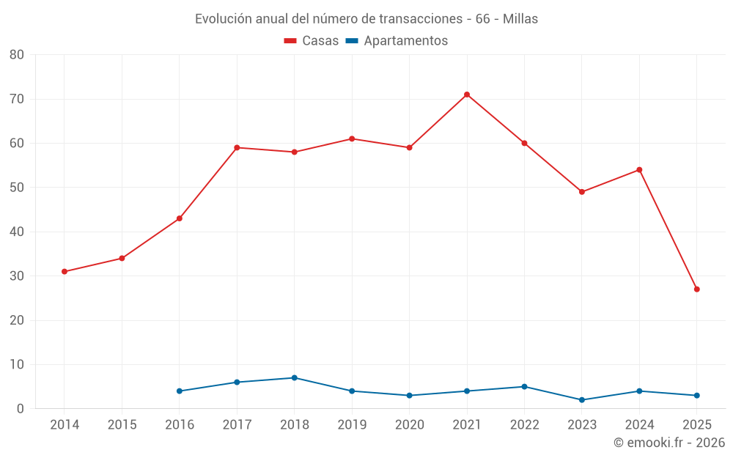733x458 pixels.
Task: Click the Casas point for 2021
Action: (x=467, y=95)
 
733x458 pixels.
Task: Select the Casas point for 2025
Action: (x=697, y=289)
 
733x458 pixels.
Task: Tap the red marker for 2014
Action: (x=65, y=272)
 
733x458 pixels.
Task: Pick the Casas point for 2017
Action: (x=237, y=147)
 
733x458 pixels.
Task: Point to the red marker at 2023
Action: (x=582, y=192)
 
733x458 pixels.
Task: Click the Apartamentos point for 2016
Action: (x=180, y=391)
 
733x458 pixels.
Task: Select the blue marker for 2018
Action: (x=295, y=378)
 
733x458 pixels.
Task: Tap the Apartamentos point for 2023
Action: (x=582, y=400)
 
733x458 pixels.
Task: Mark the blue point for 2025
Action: (x=697, y=396)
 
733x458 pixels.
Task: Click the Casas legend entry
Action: (x=312, y=41)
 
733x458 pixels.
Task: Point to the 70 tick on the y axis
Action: (x=16, y=99)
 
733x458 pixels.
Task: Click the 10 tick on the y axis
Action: (x=16, y=365)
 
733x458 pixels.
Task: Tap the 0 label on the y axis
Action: (x=21, y=409)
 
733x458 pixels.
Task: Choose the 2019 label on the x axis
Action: (x=352, y=425)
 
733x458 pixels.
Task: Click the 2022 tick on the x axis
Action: (x=524, y=425)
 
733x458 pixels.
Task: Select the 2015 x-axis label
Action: (x=122, y=425)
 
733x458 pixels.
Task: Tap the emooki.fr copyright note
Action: (x=669, y=443)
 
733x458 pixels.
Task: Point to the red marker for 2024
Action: (x=639, y=170)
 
